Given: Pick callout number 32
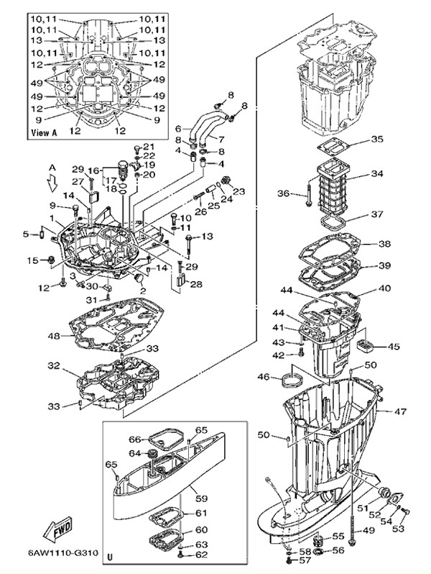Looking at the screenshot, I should click(x=54, y=365).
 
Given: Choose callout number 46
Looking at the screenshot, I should click(x=264, y=377).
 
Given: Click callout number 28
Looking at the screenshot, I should click(x=195, y=284).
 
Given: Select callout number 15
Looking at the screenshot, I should click(x=32, y=260).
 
